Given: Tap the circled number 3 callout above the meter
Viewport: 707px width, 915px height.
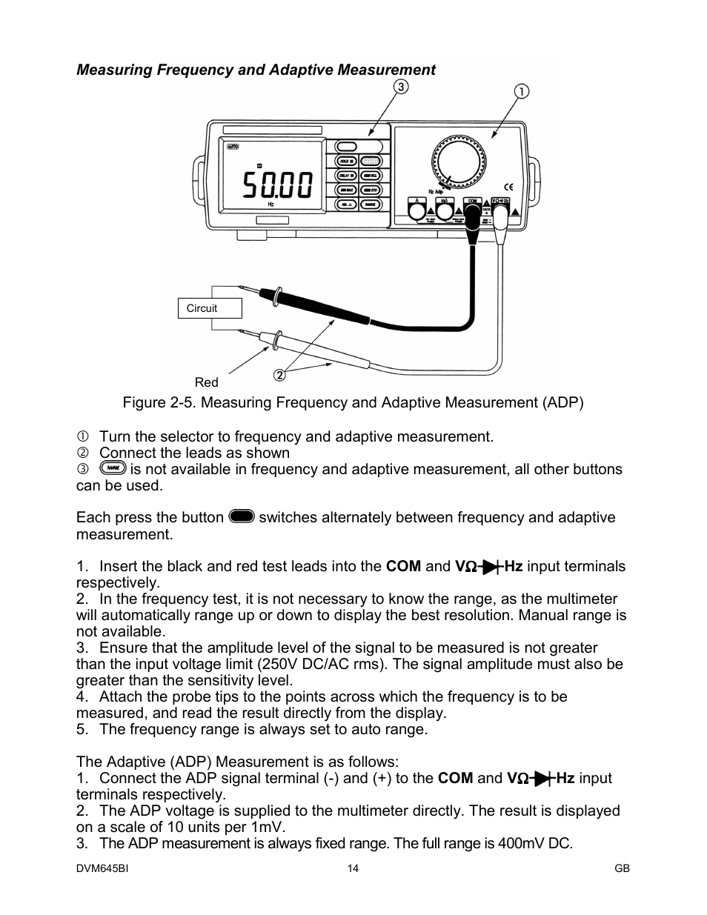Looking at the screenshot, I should tap(400, 87).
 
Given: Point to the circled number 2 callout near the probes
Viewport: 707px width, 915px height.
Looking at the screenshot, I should tap(279, 375).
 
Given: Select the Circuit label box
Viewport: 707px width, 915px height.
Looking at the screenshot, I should tap(210, 308).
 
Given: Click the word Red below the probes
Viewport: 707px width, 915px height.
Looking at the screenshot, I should tap(207, 382).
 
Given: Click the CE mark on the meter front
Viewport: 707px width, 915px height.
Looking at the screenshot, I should tap(508, 187).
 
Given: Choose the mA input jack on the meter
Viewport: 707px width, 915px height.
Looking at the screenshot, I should tap(443, 211).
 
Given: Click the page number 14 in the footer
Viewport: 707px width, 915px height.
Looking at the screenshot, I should tap(353, 868).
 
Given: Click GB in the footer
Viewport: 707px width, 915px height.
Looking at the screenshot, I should tap(622, 868).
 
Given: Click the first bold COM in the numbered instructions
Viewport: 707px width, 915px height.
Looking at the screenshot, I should tap(403, 567).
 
